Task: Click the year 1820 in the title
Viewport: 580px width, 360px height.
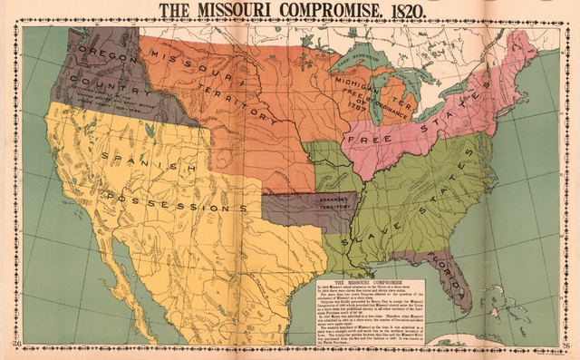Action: [395, 12]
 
